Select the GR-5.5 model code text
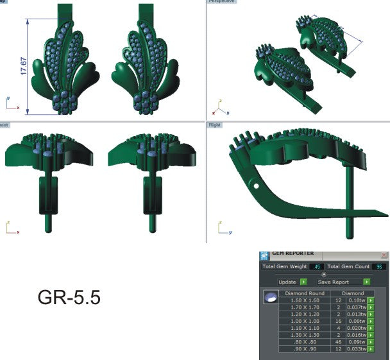[69, 298]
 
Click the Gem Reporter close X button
[384, 255]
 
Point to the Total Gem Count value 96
[379, 266]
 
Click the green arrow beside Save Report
[366, 282]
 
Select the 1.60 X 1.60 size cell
[305, 300]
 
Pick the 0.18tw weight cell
[355, 300]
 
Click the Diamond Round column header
[305, 293]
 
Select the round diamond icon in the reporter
[271, 296]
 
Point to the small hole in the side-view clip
[256, 186]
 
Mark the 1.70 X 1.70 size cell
[305, 307]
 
